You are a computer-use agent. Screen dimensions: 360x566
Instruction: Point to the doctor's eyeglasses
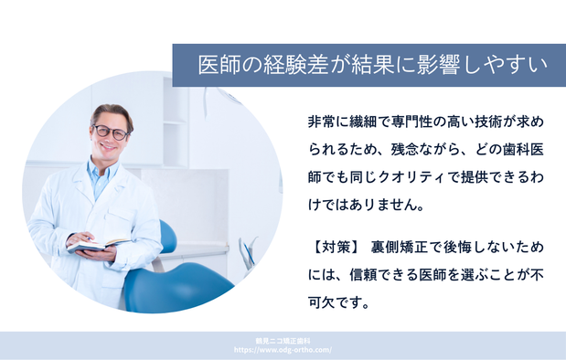[112, 132]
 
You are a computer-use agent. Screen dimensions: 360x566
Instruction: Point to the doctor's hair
[112, 112]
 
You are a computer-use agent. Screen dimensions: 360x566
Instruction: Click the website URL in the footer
[283, 350]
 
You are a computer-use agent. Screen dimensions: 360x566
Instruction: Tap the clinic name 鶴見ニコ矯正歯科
[283, 340]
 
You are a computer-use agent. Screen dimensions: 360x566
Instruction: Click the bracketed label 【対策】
[332, 247]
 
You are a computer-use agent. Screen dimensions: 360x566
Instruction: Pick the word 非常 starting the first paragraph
[321, 122]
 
